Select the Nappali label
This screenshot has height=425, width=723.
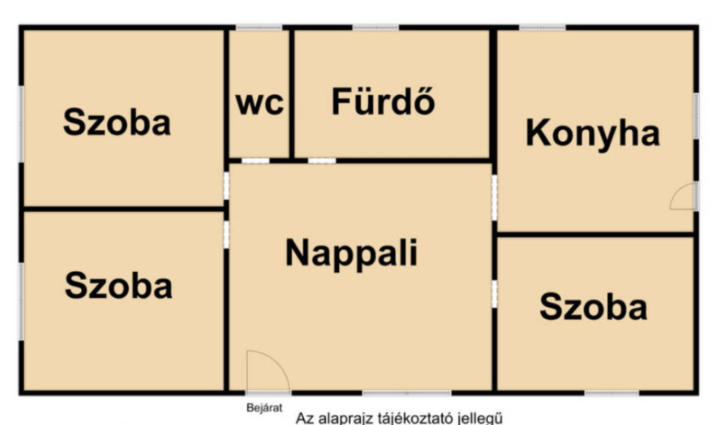pyautogui.click(x=352, y=253)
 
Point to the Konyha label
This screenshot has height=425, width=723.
pyautogui.click(x=593, y=134)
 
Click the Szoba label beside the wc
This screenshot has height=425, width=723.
pyautogui.click(x=116, y=122)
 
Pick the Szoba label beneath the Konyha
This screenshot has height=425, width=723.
pyautogui.click(x=593, y=307)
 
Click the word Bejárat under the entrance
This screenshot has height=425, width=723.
pyautogui.click(x=264, y=408)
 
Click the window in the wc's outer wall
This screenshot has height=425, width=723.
pyautogui.click(x=258, y=28)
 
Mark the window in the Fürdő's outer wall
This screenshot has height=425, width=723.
pyautogui.click(x=376, y=28)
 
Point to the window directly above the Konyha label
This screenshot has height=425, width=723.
pyautogui.click(x=542, y=28)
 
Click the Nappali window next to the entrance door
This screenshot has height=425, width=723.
pyautogui.click(x=407, y=393)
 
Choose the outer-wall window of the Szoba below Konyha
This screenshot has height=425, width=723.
pyautogui.click(x=612, y=393)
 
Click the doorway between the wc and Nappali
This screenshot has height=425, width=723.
pyautogui.click(x=256, y=161)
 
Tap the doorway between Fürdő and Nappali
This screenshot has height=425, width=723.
pyautogui.click(x=322, y=161)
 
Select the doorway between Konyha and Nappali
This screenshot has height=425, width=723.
pyautogui.click(x=494, y=198)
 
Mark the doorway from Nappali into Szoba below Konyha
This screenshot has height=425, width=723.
pyautogui.click(x=494, y=294)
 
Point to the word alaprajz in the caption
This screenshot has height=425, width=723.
pyautogui.click(x=346, y=419)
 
